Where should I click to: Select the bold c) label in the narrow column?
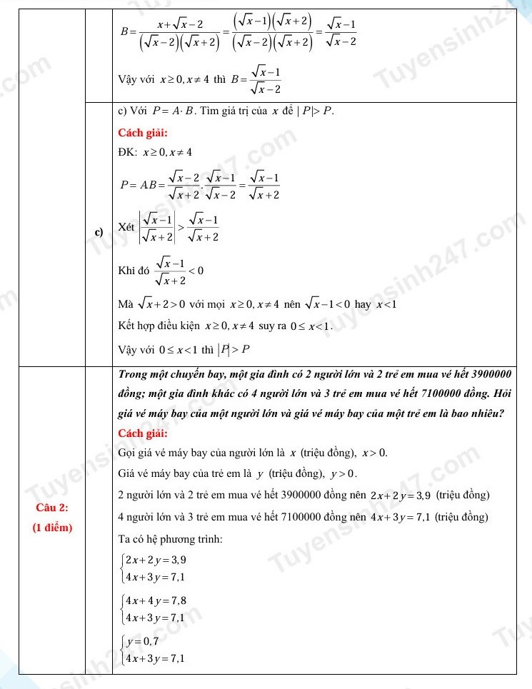pos(99,231)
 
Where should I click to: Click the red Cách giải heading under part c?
pos(142,132)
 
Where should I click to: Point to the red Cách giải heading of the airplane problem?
pos(142,432)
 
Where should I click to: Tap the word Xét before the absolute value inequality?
pos(126,227)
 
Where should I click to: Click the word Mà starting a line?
pos(126,305)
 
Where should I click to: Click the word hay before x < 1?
pos(363,305)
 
